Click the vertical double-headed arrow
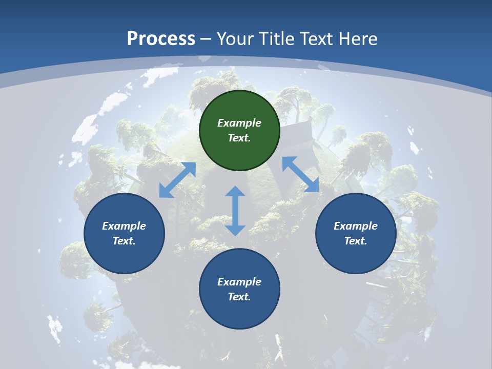coord(235,211)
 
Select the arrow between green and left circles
coord(177,180)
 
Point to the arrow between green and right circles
coord(300,174)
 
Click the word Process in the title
coord(161,38)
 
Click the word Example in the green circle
coord(239,123)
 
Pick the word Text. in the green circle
coord(239,138)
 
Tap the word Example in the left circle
coord(124,226)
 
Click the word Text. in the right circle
coord(356,241)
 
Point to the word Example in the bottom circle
coord(239,282)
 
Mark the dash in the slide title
coord(206,38)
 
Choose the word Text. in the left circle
coord(124,241)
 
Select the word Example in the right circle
coord(356,226)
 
